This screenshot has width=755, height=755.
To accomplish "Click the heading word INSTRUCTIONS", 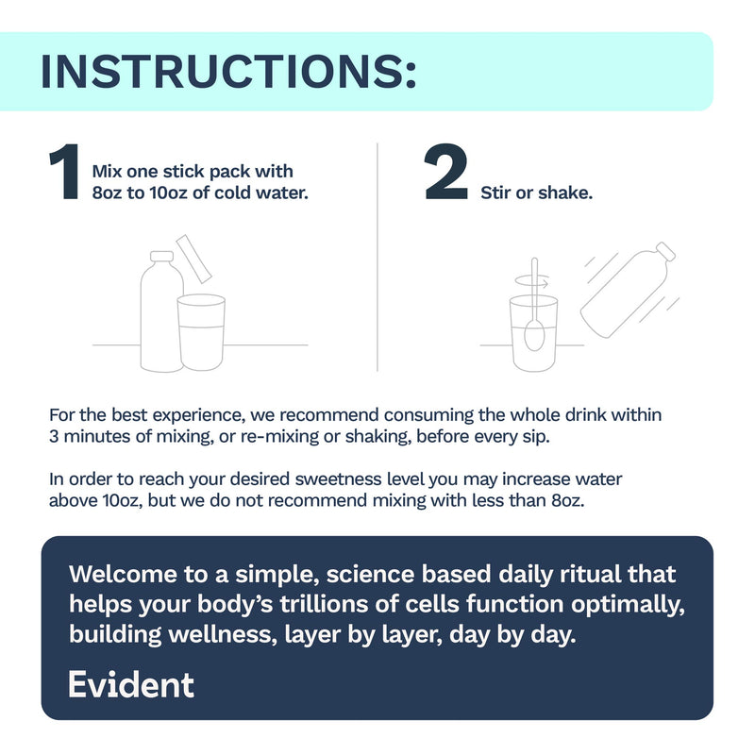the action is pyautogui.click(x=228, y=72).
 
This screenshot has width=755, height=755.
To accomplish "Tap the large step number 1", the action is pyautogui.click(x=64, y=172).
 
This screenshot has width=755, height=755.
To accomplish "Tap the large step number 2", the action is pyautogui.click(x=446, y=172).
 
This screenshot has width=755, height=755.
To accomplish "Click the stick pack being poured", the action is pyautogui.click(x=193, y=259).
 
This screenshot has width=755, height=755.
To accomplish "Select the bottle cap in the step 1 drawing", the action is pyautogui.click(x=161, y=256).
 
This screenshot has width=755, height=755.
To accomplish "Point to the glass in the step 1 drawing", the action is pyautogui.click(x=201, y=332).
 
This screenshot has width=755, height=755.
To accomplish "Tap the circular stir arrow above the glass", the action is pyautogui.click(x=532, y=281).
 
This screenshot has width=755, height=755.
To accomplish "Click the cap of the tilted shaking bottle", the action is pyautogui.click(x=666, y=252).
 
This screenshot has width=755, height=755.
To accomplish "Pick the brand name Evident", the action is pyautogui.click(x=131, y=684).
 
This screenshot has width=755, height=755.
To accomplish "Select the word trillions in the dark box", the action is pyautogui.click(x=325, y=604).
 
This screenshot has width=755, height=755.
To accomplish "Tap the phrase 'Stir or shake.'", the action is pyautogui.click(x=536, y=193).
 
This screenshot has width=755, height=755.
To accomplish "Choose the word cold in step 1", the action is pyautogui.click(x=234, y=193).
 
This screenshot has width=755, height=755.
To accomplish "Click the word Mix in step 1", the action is pyautogui.click(x=107, y=172).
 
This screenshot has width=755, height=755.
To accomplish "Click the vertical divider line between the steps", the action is pyautogui.click(x=377, y=257).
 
